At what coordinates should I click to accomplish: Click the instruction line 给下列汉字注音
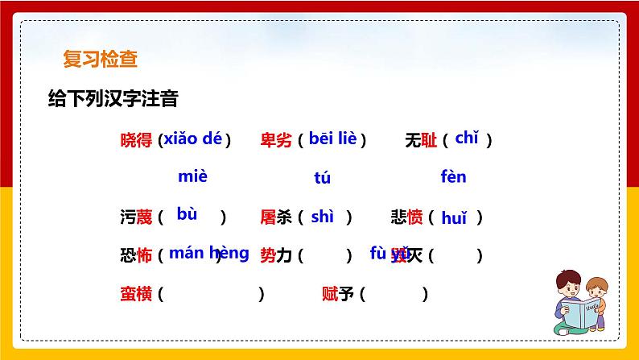[113, 99]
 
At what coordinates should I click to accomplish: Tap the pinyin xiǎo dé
[192, 139]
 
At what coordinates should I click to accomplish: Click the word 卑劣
[276, 140]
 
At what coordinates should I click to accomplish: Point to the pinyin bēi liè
[332, 139]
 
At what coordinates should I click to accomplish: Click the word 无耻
[421, 140]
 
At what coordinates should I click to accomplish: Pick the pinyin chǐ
[467, 138]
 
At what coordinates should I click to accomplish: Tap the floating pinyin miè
[192, 176]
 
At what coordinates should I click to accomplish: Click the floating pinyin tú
[322, 178]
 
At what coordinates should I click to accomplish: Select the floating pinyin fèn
[453, 176]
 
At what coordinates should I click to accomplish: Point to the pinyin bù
[187, 214]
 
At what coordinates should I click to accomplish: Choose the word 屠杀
[276, 217]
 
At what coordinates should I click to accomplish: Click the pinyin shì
[322, 215]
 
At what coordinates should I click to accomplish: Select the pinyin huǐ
[454, 216]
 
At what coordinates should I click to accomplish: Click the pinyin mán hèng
[209, 253]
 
